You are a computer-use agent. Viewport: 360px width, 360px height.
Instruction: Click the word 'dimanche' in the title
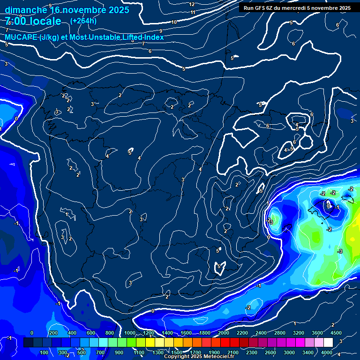coord(25,10)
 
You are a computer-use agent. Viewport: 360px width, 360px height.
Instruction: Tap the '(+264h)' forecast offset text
coord(83,21)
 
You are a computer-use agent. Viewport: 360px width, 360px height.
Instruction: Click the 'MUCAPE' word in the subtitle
coord(21,37)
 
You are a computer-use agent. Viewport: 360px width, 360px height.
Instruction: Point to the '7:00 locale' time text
coord(33,21)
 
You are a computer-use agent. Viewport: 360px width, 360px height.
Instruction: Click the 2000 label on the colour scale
coord(223,333)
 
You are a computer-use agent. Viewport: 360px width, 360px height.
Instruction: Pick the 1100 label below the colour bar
coord(138,352)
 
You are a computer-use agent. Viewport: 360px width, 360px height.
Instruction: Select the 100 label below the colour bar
coord(45,352)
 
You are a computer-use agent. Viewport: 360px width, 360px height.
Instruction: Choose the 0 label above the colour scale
coord(32,333)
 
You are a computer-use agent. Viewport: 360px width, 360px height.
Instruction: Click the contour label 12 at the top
coord(192,4)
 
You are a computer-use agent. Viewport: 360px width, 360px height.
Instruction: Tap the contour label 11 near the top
coord(193,12)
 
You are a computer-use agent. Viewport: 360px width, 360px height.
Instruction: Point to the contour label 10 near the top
coord(174,22)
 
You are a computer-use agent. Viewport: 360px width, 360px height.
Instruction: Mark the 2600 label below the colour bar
coord(270,352)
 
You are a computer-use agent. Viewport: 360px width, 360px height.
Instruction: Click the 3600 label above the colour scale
coord(317,333)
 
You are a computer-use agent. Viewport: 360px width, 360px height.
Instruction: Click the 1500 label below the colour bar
coord(177,352)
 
